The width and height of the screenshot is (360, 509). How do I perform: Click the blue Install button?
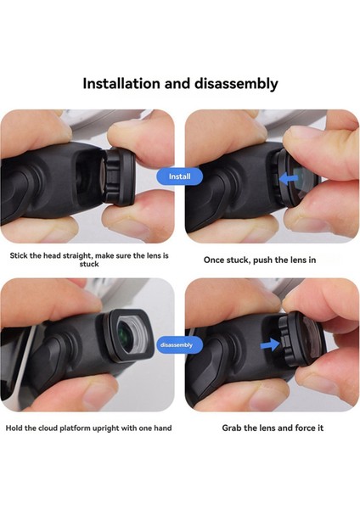[x=179, y=176]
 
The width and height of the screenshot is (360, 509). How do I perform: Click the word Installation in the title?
[x=127, y=83]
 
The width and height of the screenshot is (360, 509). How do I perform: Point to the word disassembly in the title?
[x=233, y=83]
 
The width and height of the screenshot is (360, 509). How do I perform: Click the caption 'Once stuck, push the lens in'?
[x=260, y=259]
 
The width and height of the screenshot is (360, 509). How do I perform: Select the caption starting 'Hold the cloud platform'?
[x=89, y=428]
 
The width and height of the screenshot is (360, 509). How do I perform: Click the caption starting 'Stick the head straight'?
[x=89, y=259]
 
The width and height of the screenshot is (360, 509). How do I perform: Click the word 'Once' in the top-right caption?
[x=216, y=259]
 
